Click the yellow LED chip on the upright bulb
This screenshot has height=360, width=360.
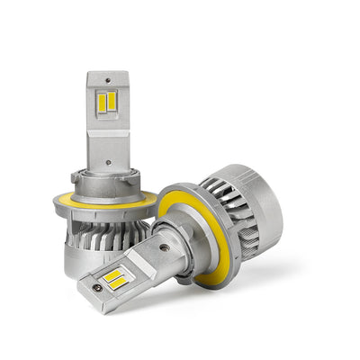pos(104,102)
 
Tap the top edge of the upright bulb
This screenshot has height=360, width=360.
pos(106,73)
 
